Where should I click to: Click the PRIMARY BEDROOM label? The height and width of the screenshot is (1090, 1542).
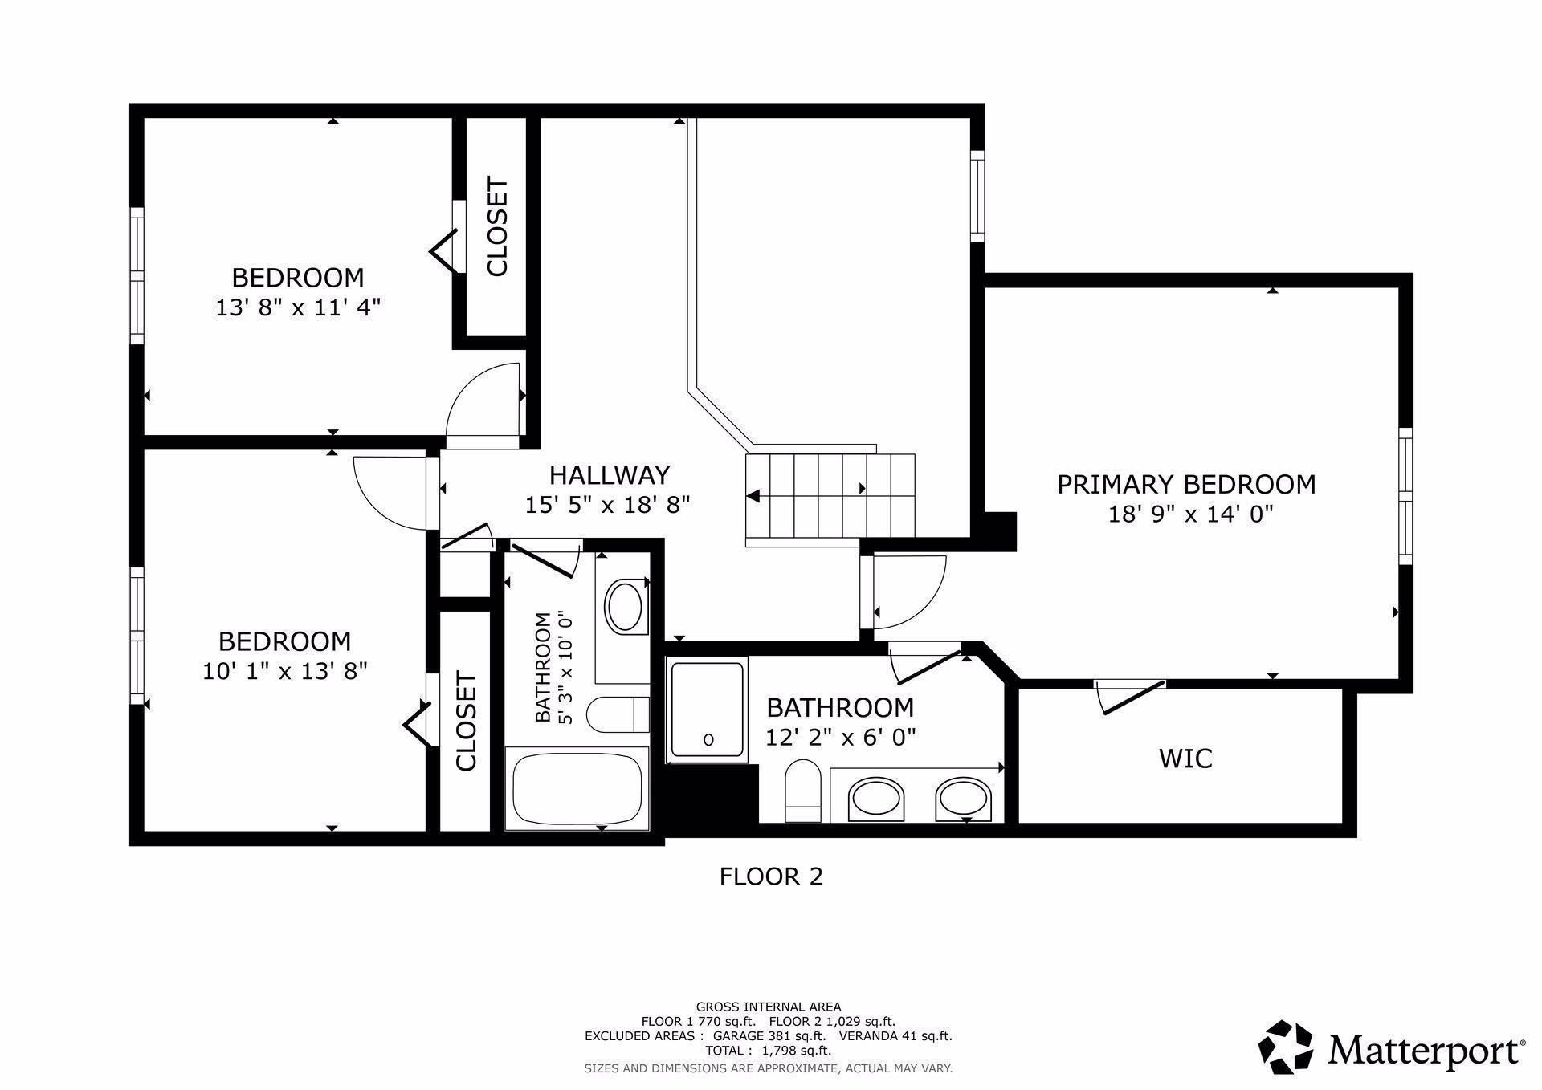1186,485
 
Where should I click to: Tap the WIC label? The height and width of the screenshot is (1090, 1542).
1185,758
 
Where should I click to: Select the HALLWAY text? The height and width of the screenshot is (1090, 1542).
609,475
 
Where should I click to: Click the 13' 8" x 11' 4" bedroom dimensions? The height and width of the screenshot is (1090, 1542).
297,307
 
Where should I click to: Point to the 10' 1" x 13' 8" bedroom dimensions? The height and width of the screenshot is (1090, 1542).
284,671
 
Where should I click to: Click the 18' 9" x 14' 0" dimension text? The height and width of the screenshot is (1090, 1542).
1190,514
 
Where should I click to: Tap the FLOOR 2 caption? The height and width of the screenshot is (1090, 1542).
771,876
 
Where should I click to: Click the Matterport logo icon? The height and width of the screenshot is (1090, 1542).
1285,1047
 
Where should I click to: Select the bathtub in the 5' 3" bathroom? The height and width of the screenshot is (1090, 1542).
577,788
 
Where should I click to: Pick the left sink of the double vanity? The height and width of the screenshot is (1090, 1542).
877,798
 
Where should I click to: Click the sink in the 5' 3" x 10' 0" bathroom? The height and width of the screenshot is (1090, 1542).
624,608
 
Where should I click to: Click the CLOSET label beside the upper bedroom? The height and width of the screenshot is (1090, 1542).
497,227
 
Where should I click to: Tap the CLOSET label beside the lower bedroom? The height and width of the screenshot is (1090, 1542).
466,721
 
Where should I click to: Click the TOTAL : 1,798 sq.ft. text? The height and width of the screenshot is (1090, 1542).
768,1050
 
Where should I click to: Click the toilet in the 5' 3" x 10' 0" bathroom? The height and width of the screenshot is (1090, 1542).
614,714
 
